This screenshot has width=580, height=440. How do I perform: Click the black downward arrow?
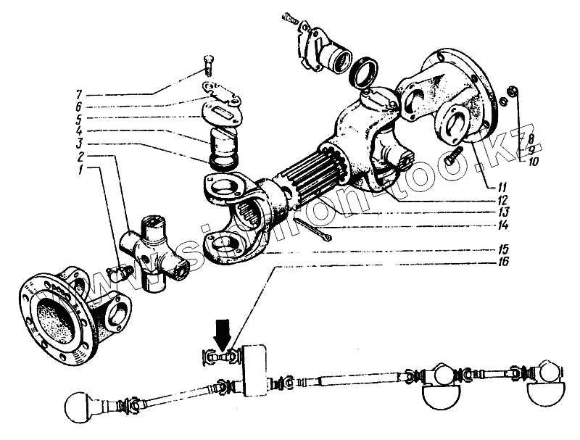coord(222,334)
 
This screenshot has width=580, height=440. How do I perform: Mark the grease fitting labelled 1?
coord(118,273)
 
